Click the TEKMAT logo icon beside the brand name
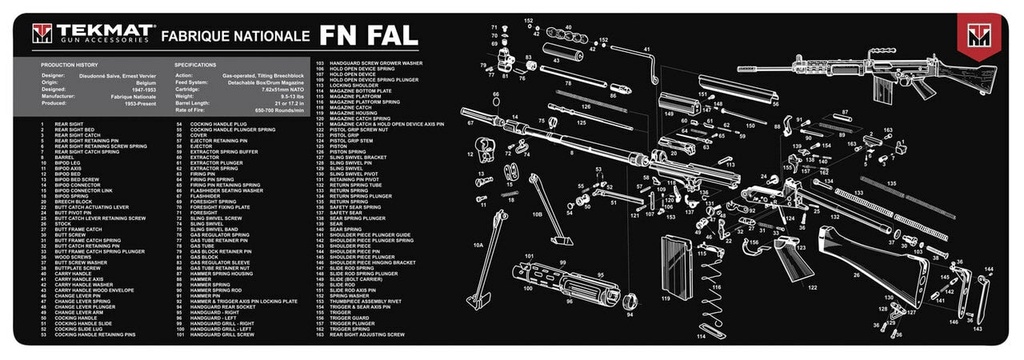tap(41, 35)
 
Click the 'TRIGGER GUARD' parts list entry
tap(350, 317)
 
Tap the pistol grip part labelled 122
tap(789, 265)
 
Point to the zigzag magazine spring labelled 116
tap(711, 300)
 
